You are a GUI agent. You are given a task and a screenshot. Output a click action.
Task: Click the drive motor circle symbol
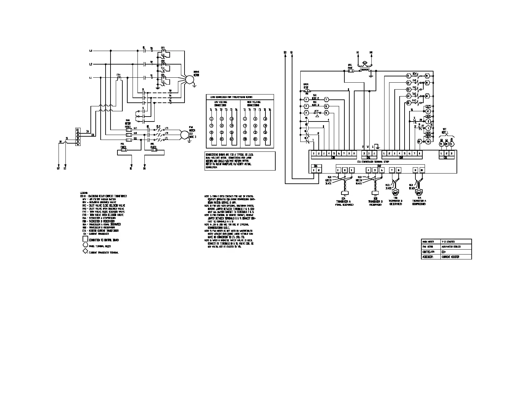coord(189,80)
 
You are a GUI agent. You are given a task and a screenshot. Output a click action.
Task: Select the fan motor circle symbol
coord(184,135)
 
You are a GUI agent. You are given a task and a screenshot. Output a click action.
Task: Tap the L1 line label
coord(91,78)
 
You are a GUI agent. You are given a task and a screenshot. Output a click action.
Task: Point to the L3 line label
coord(91,51)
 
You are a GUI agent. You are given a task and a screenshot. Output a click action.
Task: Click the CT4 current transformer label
coord(118,75)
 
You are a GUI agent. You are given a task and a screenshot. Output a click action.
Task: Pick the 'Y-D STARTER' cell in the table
coord(448,242)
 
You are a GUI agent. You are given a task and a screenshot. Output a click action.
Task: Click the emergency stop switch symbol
coord(307,90)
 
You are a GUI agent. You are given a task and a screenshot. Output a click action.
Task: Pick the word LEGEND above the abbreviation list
coord(84,193)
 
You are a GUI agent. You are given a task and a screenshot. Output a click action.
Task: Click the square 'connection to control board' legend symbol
coord(85,239)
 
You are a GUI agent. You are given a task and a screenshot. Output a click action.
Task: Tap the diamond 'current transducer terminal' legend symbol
coord(85,252)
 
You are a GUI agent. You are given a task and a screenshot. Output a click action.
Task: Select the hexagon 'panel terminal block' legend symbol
coord(85,246)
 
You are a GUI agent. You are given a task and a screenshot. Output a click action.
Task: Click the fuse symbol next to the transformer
coord(350,71)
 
